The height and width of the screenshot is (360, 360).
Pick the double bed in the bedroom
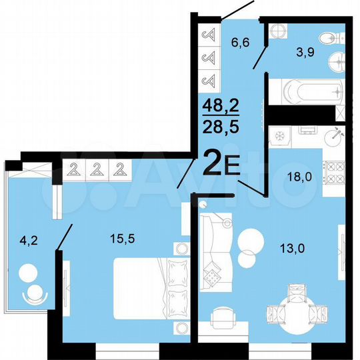147,290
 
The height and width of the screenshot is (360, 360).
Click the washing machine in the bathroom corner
280,31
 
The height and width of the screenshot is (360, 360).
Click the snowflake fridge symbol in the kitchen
280,136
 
